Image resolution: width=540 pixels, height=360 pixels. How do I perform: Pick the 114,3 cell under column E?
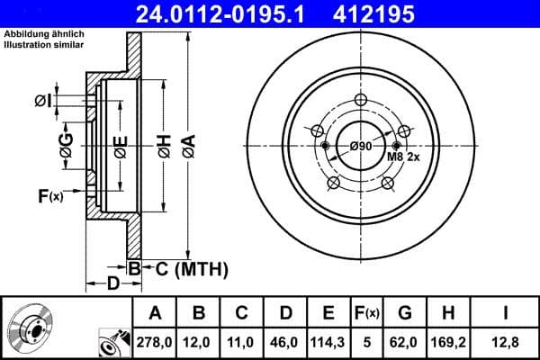click(x=328, y=342)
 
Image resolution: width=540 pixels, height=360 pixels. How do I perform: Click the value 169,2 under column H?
click(x=447, y=342)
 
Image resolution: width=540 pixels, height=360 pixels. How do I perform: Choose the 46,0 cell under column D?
click(x=284, y=342)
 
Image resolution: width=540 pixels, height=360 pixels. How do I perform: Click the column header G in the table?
click(x=404, y=312)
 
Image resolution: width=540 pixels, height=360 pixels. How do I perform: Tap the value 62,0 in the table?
click(x=405, y=342)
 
